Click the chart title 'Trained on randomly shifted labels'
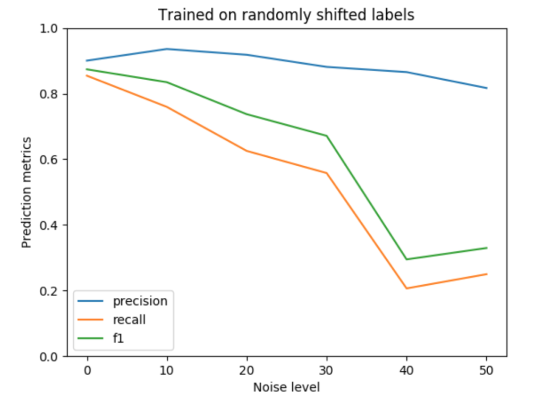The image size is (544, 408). [286, 15]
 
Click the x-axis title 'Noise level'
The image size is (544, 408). [286, 388]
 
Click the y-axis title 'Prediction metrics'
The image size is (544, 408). [27, 192]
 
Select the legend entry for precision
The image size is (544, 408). [140, 302]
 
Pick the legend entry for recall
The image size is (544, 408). [129, 320]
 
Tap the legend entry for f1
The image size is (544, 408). [118, 337]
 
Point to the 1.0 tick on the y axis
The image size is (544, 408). [54, 29]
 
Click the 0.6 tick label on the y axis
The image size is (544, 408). [54, 160]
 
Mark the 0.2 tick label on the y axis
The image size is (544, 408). [54, 291]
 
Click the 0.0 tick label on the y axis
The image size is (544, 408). [54, 356]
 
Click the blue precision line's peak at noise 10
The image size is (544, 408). [167, 49]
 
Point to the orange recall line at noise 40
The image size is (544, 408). [406, 288]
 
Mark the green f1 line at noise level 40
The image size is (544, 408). [406, 259]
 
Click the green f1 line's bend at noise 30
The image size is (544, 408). [327, 135]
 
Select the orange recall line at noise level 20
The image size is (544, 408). [246, 151]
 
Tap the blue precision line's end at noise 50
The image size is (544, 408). [487, 88]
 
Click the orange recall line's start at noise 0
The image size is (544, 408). [87, 75]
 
